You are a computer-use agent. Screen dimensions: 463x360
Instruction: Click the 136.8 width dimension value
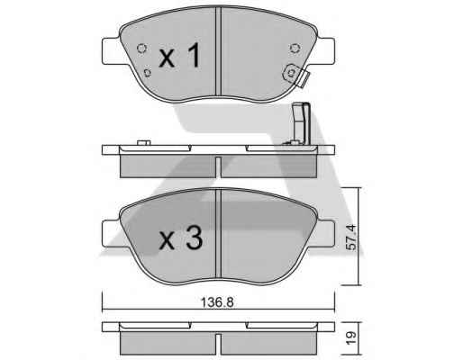coord(217,302)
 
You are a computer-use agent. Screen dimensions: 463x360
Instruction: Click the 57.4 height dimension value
coord(350,238)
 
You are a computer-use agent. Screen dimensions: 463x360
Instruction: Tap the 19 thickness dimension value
coord(350,337)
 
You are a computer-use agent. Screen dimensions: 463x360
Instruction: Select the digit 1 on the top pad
coord(195,55)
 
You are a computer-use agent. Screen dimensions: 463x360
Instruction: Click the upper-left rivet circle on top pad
coord(141,48)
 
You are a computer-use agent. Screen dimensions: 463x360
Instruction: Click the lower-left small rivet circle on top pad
coord(147,73)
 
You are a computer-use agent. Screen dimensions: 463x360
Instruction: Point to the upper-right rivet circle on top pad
coord(295,48)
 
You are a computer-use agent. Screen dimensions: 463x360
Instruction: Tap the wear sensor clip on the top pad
coord(295,75)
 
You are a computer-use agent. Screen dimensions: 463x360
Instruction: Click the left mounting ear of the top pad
coord(112,51)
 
